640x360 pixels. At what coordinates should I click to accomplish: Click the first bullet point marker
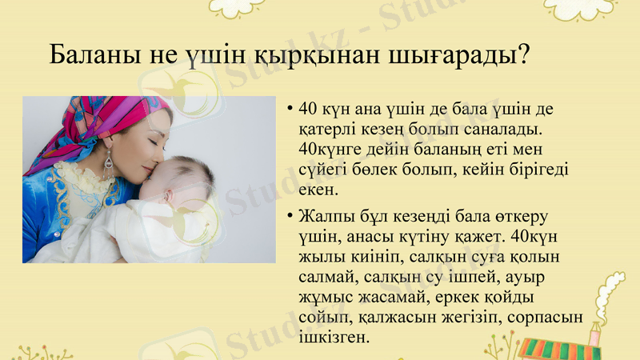click(x=289, y=109)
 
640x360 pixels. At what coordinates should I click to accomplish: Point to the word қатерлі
click(x=326, y=128)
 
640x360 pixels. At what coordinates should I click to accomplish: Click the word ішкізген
click(x=333, y=338)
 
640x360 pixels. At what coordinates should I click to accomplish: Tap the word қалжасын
click(x=385, y=318)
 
